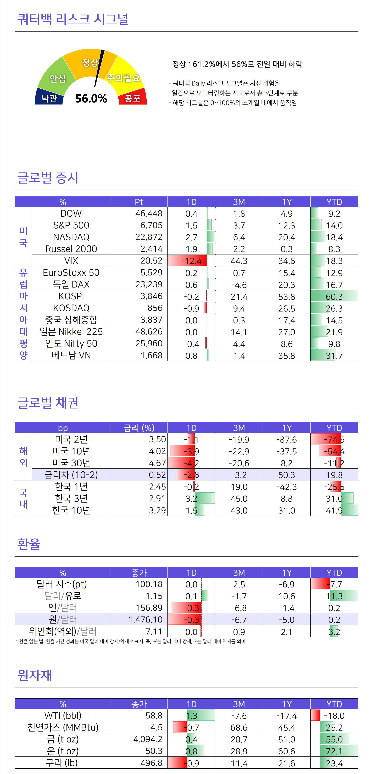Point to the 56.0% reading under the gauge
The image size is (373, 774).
point(91,99)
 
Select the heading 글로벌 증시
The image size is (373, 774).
point(48,178)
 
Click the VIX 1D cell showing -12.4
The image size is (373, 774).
point(191,261)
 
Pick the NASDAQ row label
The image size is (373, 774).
point(71,237)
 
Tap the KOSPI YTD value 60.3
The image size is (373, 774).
point(334,297)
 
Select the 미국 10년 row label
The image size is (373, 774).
point(71,451)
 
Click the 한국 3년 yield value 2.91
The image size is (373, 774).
point(157,499)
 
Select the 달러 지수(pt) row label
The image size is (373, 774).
point(62,584)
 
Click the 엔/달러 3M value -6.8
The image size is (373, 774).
point(239,608)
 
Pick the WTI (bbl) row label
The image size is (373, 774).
point(63,715)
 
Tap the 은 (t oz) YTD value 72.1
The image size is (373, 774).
point(334,751)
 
